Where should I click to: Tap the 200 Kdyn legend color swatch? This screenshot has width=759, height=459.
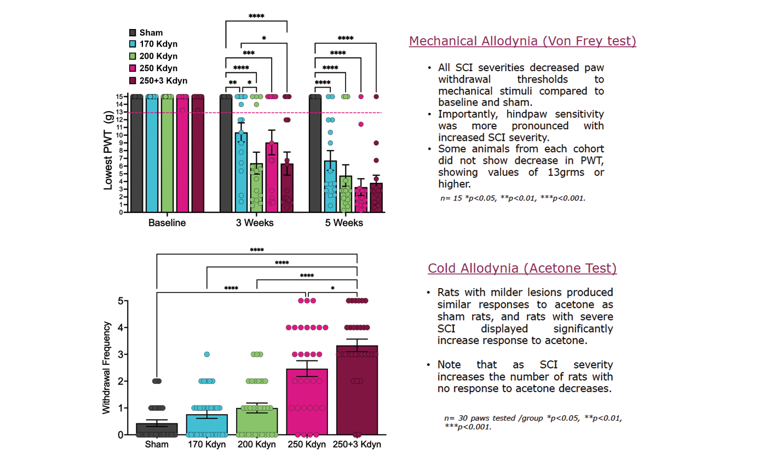tap(133, 56)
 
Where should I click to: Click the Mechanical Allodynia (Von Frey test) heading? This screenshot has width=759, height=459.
tap(522, 41)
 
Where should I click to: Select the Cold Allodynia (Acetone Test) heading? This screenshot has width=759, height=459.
tap(522, 268)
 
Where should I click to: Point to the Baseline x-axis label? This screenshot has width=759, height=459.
tap(167, 223)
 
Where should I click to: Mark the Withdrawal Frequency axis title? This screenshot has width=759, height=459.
tap(107, 367)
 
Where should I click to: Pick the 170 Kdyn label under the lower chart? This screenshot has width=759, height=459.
tap(206, 445)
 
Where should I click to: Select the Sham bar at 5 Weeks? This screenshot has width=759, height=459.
tap(315, 153)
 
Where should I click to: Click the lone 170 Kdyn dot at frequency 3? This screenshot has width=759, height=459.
tap(207, 354)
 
